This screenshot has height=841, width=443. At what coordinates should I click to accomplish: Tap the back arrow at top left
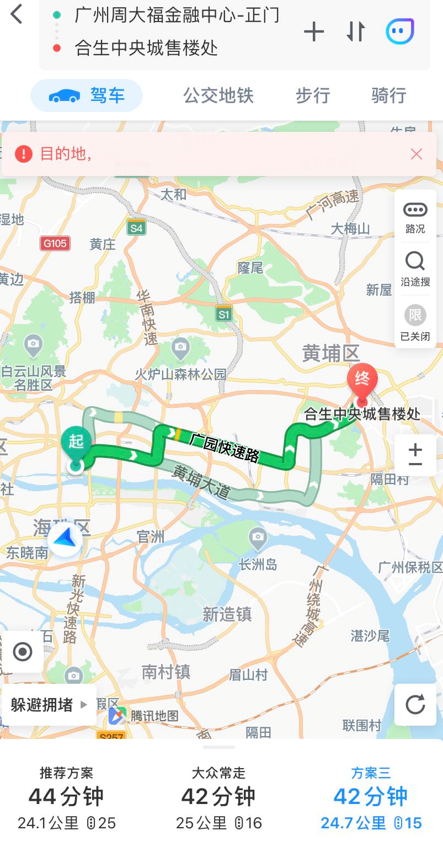[17, 15]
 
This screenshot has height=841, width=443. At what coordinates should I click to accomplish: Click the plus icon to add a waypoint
[313, 32]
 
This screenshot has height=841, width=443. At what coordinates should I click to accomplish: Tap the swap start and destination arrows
[356, 32]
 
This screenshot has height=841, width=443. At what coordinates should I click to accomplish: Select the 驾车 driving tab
[87, 95]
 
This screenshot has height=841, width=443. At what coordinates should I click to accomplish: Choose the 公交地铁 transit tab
[218, 95]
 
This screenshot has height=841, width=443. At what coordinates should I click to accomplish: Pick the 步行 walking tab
[313, 95]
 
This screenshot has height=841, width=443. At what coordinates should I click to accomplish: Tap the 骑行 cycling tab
[389, 95]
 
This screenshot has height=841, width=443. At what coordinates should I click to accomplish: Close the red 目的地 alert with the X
[417, 155]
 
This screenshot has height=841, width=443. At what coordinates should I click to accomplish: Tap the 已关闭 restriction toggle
[415, 322]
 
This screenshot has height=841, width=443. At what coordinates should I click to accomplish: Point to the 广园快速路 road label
[224, 447]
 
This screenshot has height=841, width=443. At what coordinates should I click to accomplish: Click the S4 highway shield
[136, 227]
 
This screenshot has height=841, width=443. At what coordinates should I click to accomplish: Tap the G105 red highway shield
[55, 243]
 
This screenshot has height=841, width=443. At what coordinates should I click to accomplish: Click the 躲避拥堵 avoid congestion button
[49, 705]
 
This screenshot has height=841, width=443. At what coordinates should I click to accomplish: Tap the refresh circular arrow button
[415, 705]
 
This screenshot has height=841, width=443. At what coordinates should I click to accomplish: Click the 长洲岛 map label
[258, 565]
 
